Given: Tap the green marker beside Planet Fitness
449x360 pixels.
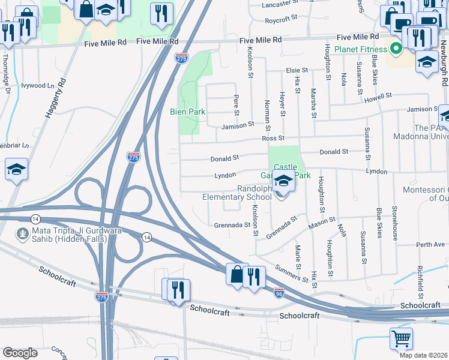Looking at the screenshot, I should [x=396, y=49].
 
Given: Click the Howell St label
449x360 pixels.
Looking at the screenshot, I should [x=378, y=95].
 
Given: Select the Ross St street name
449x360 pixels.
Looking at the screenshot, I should [x=273, y=139].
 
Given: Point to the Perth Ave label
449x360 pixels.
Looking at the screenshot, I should [x=430, y=245].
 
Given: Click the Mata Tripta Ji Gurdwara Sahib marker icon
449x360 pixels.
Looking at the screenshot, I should [x=22, y=233].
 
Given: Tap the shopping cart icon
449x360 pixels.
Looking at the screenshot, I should [x=401, y=338].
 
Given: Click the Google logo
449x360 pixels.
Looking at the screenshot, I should [x=20, y=352].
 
